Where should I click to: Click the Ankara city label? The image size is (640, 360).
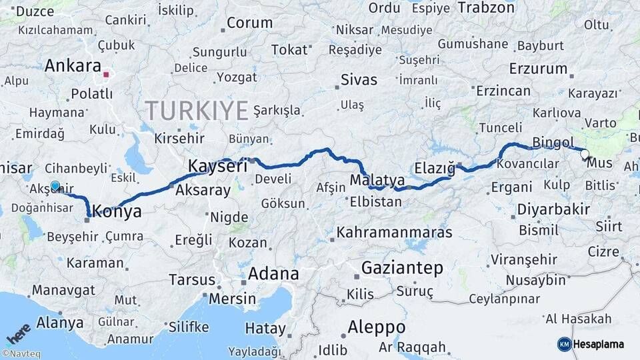coord(73,66)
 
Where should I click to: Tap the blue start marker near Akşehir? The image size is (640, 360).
coord(55,187)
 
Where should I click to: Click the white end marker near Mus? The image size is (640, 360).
coord(585,155)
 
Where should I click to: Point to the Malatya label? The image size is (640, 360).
coord(377,180)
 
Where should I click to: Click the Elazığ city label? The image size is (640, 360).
coord(434,167)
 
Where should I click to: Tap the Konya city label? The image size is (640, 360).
coord(117,212)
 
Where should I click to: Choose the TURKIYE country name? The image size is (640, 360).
coord(197,110)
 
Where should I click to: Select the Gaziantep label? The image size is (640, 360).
coord(402,268)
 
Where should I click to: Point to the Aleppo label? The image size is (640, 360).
coord(376,327)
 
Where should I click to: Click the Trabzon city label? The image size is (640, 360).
coord(486,8)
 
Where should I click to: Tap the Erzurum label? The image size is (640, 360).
coord(538,68)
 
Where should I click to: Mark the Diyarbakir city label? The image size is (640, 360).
coord(553,209)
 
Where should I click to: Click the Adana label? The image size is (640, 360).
coord(273,274)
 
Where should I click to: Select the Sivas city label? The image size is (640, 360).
coord(359,80)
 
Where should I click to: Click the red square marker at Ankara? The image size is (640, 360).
coord(106,74)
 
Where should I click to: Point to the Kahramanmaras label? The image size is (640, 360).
coord(395,233)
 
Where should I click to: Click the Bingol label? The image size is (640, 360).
coord(553,143)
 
